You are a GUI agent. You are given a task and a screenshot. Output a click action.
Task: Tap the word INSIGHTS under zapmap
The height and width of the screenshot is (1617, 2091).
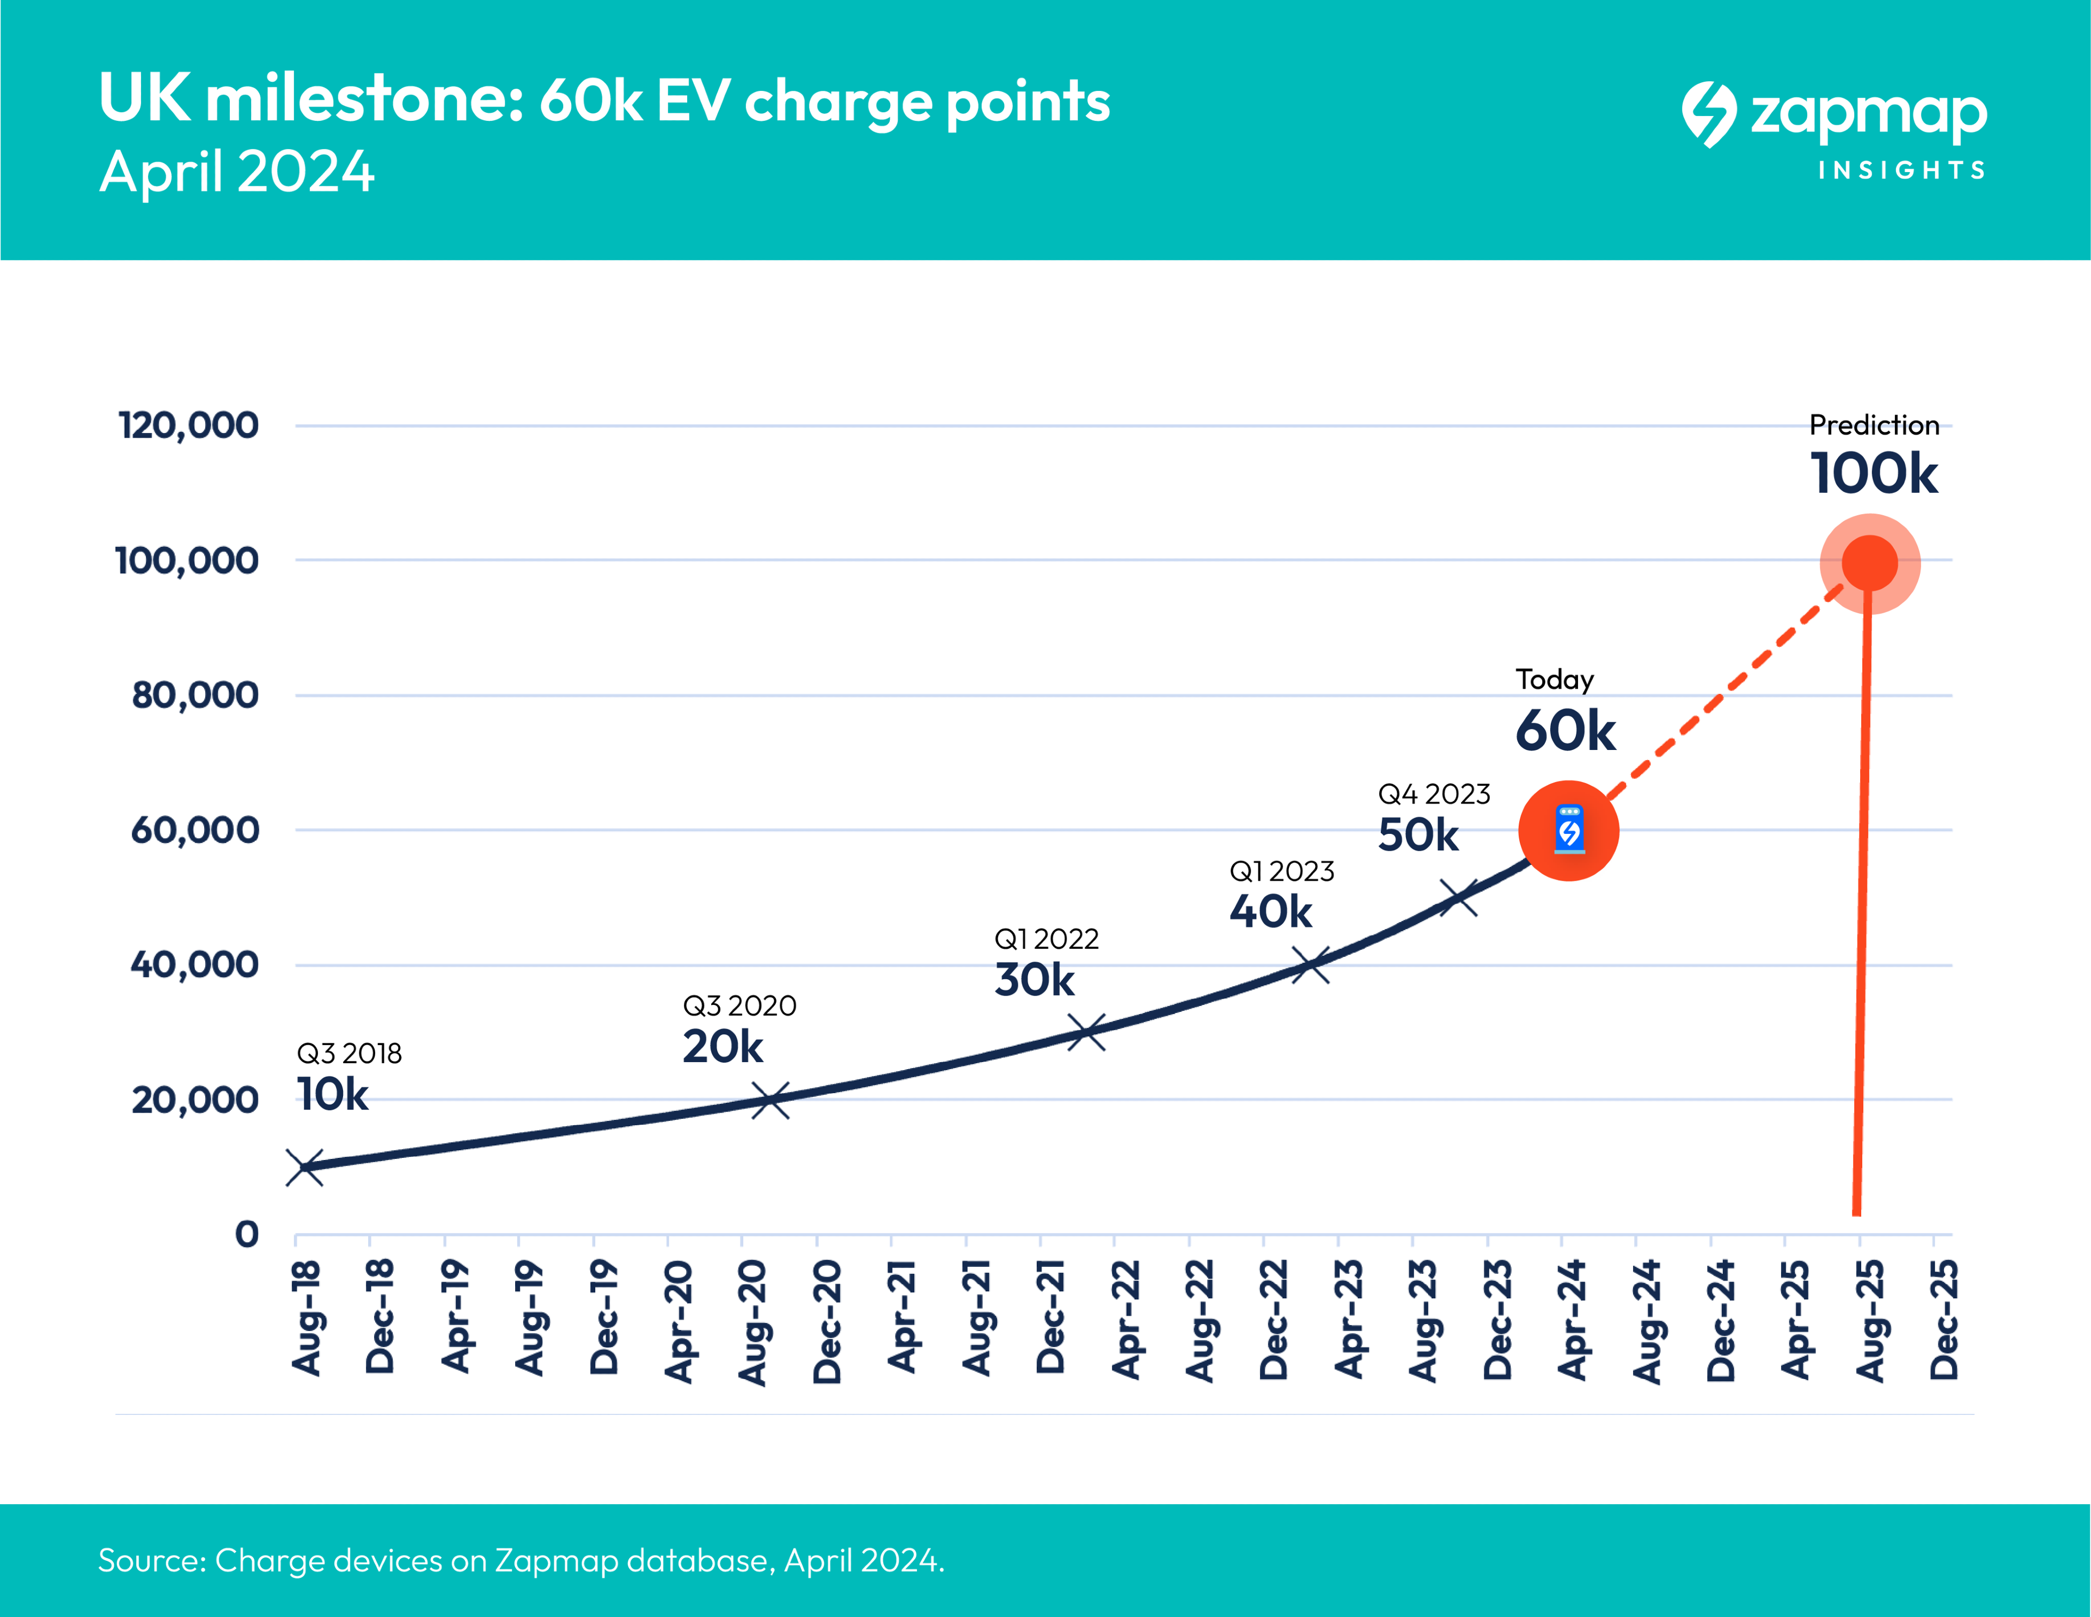point(1902,170)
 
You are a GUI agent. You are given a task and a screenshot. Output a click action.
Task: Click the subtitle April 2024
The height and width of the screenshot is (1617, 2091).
point(236,172)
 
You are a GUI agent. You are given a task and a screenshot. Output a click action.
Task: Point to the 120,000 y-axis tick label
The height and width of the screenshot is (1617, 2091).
point(188,425)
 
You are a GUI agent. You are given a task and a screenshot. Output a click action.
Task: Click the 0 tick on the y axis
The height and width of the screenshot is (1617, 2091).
point(247,1234)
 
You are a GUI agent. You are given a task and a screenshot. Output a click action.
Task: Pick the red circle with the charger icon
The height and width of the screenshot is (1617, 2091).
point(1568,830)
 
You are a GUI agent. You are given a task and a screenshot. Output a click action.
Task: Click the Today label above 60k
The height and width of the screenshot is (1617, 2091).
point(1554,680)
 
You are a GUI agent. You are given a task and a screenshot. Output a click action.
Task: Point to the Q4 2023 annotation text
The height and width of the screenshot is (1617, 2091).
point(1433,794)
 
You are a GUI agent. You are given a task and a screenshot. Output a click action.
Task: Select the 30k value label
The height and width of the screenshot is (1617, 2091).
point(1034,979)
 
